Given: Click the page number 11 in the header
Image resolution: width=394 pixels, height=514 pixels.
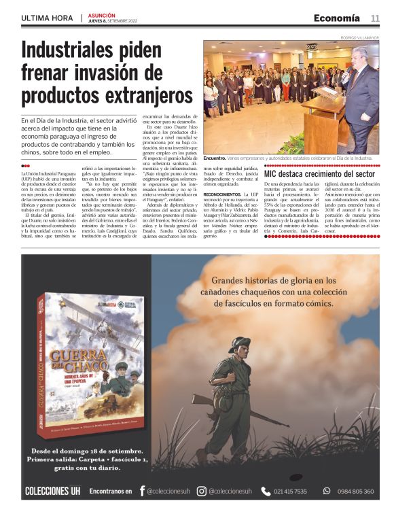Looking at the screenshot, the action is pos(375,18).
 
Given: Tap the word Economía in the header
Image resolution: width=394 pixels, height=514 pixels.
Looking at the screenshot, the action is pos(336,18).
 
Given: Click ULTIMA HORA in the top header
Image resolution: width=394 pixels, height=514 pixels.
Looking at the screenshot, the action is pos(48,19).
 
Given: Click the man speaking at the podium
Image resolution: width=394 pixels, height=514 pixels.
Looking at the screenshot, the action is pos(361,88).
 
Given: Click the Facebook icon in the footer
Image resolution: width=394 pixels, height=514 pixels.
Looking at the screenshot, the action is pos(143,491).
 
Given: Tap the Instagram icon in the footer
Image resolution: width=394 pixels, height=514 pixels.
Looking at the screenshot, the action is pos(202,491).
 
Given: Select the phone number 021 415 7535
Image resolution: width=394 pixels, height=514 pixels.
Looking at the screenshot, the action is pos(290,491).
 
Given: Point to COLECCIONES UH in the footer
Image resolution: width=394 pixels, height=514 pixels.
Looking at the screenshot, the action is pos(52,491).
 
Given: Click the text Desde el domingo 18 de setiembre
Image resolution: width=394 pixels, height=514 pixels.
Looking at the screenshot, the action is pos(88,451).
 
